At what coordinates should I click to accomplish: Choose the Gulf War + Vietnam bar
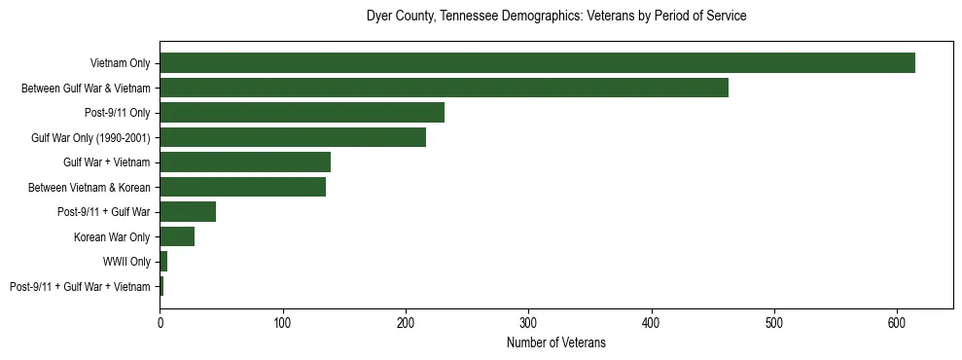click(x=245, y=162)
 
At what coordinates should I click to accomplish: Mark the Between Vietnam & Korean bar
click(x=242, y=187)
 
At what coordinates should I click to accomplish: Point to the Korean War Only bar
click(x=177, y=236)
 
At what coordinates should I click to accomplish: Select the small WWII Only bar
click(x=163, y=262)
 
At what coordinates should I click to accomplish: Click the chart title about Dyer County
click(x=556, y=17)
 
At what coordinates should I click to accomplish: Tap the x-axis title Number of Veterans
click(x=556, y=342)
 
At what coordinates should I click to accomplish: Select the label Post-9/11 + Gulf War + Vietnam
click(x=80, y=286)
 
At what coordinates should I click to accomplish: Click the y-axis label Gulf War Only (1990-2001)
click(x=90, y=137)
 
